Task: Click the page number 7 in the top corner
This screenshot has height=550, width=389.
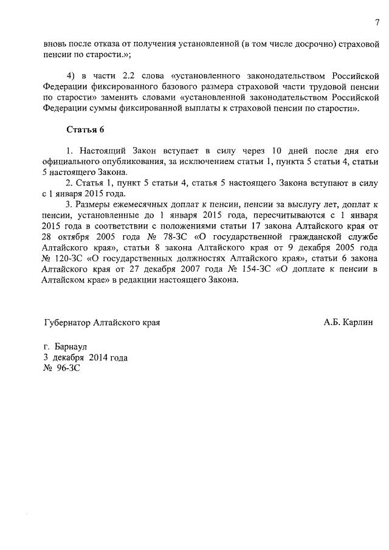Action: [x=377, y=23]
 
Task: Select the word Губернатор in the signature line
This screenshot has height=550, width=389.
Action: [x=71, y=321]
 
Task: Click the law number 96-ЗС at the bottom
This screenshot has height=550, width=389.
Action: [x=68, y=368]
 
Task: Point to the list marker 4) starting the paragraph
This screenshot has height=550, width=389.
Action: [x=72, y=76]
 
